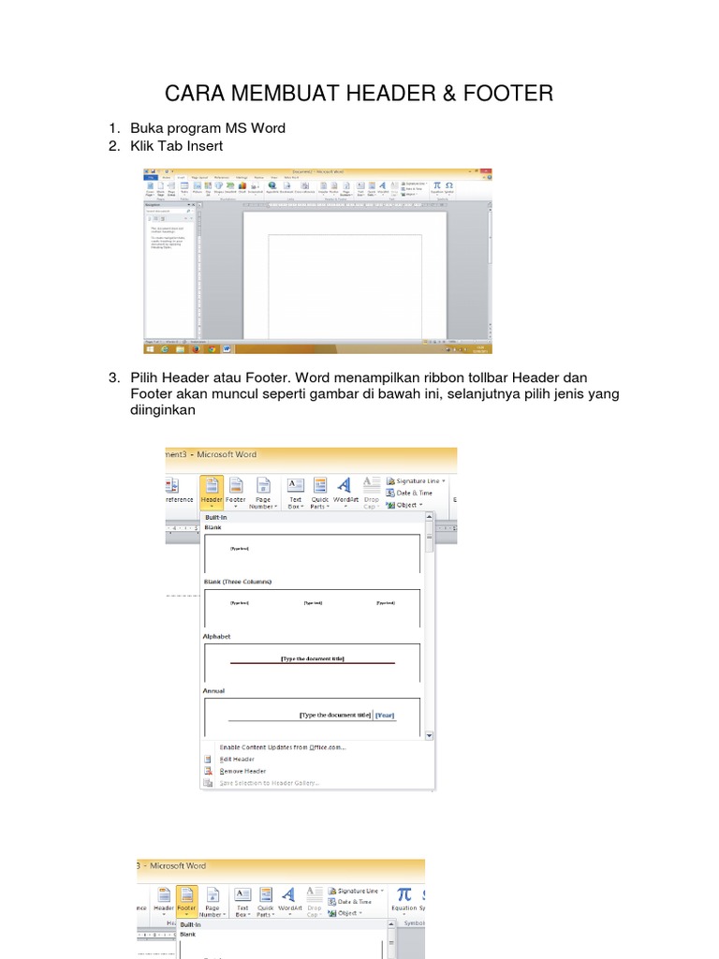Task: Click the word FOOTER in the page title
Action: [503, 94]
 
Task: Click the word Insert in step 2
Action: [204, 146]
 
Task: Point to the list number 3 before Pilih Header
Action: [114, 377]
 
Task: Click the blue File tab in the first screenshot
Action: [150, 177]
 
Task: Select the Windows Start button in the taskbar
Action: [150, 348]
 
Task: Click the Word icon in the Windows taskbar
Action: [227, 348]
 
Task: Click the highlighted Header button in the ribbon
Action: [212, 492]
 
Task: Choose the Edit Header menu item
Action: [237, 759]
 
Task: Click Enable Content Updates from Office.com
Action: [283, 746]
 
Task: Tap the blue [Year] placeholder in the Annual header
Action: [385, 716]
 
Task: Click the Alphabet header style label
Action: [217, 637]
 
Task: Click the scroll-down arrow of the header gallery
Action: [429, 736]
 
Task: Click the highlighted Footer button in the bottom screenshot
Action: [187, 901]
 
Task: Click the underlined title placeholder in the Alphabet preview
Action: [313, 658]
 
